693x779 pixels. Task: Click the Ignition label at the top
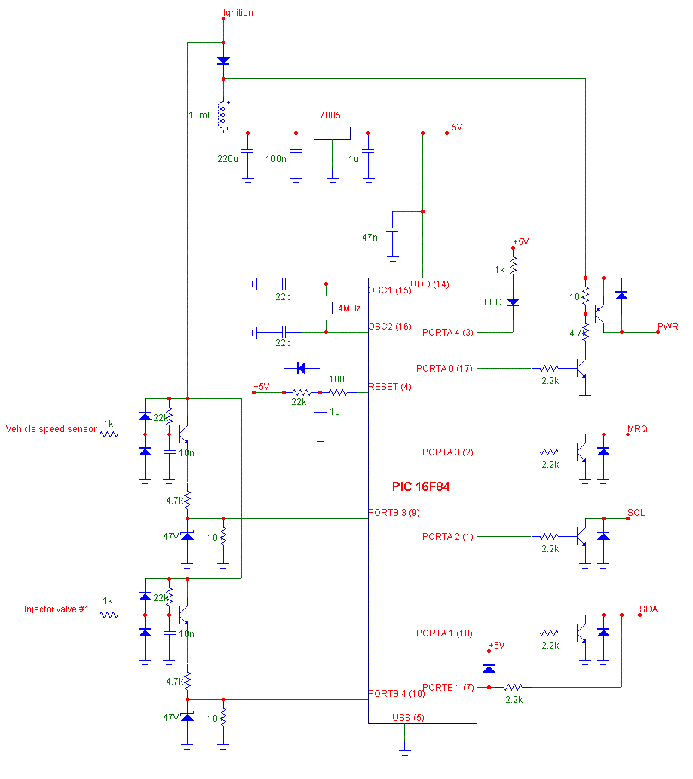(238, 13)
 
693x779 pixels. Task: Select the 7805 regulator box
(332, 133)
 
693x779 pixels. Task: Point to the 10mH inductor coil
(223, 116)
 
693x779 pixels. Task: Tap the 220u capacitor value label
(228, 159)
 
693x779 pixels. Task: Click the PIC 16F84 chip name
(421, 487)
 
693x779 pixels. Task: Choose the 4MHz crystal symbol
(326, 308)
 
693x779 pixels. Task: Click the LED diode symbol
(513, 302)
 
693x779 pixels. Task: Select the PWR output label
(668, 327)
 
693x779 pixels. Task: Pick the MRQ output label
(637, 429)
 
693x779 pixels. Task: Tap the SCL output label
(636, 513)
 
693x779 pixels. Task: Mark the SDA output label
(649, 609)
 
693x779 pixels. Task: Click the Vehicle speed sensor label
(51, 429)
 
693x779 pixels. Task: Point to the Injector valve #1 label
(57, 609)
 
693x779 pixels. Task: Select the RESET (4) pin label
(390, 387)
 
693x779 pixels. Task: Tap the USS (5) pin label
(408, 717)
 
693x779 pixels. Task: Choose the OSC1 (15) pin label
(390, 290)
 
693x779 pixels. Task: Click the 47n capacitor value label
(370, 237)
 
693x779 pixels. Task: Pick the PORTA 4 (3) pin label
(447, 332)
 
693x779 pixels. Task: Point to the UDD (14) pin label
(429, 284)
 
